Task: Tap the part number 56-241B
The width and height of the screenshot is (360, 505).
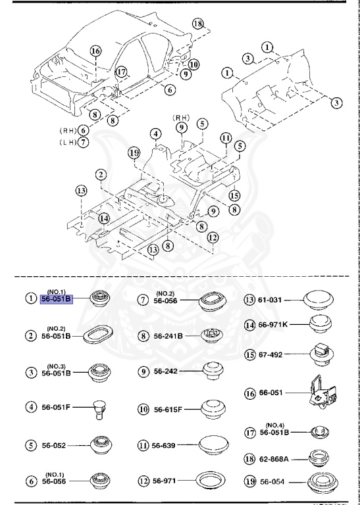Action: (x=168, y=335)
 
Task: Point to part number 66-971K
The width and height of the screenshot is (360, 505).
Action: (x=279, y=324)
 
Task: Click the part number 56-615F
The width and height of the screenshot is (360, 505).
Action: (x=170, y=409)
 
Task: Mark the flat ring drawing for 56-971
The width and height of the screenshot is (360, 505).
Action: (x=213, y=482)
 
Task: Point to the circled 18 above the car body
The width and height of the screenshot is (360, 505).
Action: (x=198, y=24)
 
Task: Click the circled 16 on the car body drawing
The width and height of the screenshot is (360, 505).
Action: (x=95, y=51)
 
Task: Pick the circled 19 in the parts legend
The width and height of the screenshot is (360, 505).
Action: (x=251, y=482)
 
